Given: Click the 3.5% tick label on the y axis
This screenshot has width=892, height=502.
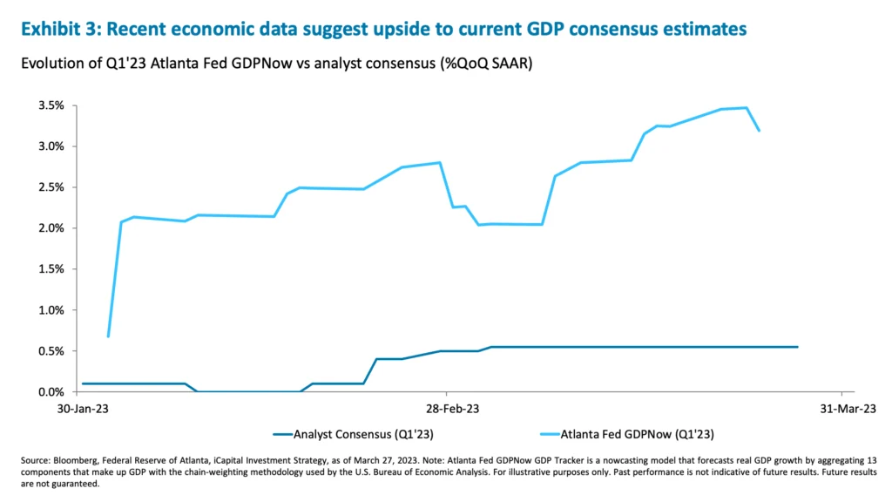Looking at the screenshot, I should click(51, 105).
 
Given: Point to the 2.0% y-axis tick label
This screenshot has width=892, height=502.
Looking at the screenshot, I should click(51, 228).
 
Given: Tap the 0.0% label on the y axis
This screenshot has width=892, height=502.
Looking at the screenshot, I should click(51, 392).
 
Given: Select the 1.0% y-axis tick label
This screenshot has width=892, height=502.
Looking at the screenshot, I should click(51, 310).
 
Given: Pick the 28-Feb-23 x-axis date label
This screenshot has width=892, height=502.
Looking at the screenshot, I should click(446, 408).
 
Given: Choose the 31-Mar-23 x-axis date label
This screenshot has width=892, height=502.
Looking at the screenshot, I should click(841, 408).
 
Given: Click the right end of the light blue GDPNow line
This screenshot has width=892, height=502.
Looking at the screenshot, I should click(760, 131).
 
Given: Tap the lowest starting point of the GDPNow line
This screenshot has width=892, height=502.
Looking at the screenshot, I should click(108, 336).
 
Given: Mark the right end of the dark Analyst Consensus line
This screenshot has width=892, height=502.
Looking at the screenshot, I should click(797, 347).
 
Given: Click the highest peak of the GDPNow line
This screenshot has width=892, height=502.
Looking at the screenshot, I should click(747, 108).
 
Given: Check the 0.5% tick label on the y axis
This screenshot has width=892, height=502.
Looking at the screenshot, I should click(51, 351).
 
